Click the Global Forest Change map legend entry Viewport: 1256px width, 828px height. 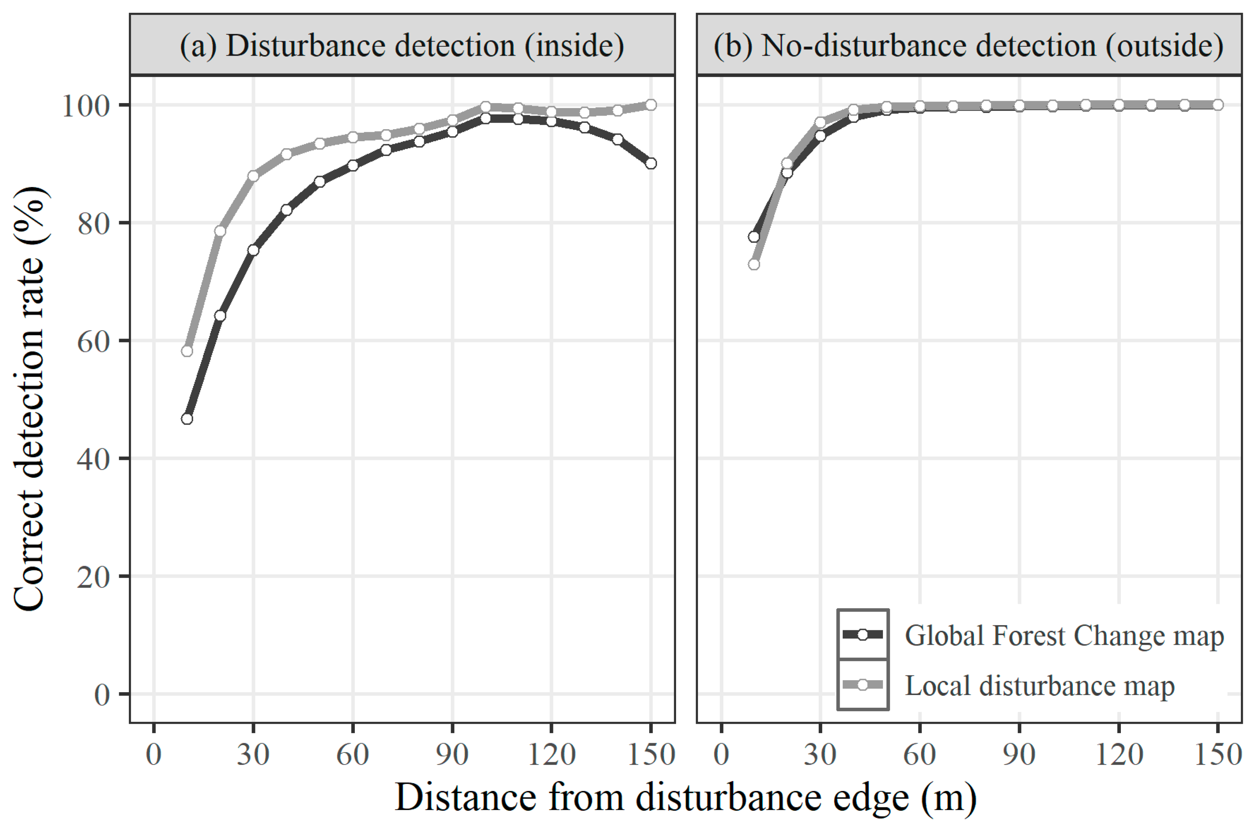[1064, 636]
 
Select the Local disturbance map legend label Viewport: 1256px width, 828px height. [1039, 686]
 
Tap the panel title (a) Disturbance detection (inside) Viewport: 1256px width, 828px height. [402, 46]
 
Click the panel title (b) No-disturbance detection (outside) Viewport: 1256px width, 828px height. [968, 46]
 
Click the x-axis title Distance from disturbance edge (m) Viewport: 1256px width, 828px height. [685, 797]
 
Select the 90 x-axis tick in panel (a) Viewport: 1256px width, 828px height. [452, 754]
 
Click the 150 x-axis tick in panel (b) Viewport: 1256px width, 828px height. [1218, 754]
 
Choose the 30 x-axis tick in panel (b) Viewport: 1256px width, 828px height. [820, 754]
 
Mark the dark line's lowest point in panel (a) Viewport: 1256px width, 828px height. [187, 419]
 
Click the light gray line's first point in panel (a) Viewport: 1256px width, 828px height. [187, 351]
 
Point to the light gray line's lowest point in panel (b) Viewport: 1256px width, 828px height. [754, 264]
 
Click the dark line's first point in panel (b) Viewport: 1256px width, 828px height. [754, 237]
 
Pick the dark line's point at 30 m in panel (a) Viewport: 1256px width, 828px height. [253, 250]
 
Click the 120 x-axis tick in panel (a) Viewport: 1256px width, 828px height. [551, 754]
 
